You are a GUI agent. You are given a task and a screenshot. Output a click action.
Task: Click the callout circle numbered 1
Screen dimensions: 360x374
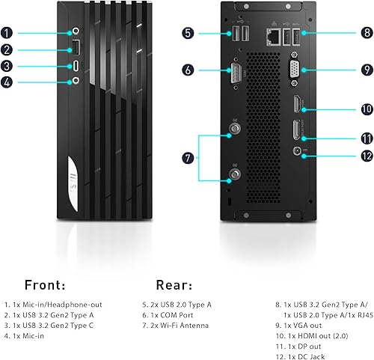coord(7,33)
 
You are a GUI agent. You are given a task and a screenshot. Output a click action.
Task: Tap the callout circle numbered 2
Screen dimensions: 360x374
coord(7,50)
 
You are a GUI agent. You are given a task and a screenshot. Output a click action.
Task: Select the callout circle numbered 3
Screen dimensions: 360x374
coord(7,66)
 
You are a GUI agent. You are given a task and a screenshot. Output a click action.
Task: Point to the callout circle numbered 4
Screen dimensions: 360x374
coord(7,82)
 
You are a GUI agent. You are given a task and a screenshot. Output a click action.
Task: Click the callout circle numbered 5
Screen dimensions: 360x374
coord(188,33)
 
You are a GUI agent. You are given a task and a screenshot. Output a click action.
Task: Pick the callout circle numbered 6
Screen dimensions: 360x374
coord(188,70)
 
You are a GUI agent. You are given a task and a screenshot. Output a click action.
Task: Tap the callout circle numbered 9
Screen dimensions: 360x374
coord(366,70)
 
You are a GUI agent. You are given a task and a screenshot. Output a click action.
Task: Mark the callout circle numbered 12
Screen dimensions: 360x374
coord(366,156)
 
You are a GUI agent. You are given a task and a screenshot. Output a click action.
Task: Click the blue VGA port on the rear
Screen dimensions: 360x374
coord(297,70)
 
